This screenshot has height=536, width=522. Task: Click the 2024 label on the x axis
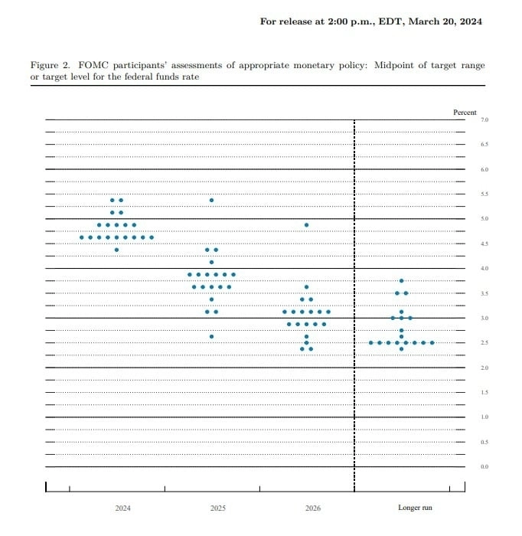122,508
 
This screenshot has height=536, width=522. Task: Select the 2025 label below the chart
217,508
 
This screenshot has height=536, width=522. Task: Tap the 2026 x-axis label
312,508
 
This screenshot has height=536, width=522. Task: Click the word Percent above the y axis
465,113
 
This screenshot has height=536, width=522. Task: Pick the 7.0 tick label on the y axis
484,120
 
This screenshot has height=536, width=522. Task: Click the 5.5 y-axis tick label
484,194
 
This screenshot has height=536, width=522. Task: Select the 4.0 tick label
484,269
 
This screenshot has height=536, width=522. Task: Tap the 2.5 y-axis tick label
484,343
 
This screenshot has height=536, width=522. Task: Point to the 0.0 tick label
484,466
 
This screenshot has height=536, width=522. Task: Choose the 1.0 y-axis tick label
484,417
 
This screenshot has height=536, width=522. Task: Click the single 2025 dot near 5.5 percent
211,200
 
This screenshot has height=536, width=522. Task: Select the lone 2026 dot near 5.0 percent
306,225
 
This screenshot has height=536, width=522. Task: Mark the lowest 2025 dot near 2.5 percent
211,336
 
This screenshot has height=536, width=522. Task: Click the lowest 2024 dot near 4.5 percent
116,250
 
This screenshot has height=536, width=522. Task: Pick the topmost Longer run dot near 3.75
401,281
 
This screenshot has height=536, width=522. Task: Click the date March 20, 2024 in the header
445,21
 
